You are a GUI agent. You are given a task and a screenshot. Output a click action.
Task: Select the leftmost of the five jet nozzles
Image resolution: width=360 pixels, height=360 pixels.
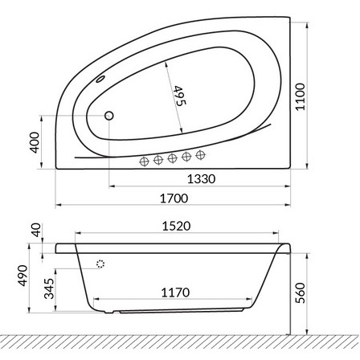coord(145,161)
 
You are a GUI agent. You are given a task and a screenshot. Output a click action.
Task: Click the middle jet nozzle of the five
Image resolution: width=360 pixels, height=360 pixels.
coord(173,157)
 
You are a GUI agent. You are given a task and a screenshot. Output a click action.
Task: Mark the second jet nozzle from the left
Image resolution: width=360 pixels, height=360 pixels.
coord(159,159)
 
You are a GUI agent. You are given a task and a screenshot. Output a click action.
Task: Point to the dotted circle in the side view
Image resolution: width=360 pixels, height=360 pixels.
coord(100,264)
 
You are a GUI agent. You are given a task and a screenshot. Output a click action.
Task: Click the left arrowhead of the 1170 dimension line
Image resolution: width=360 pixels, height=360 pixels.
coord(100,304)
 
